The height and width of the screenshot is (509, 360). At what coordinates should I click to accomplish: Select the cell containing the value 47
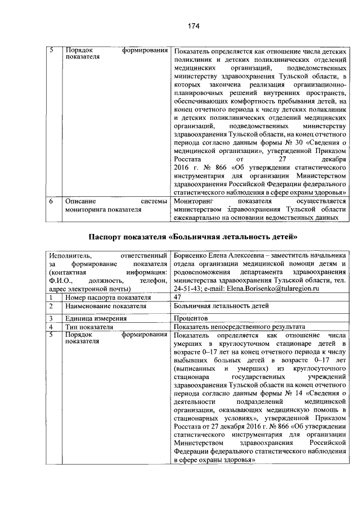pyautogui.click(x=178, y=296)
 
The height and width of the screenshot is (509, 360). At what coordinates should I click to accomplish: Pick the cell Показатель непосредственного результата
pyautogui.click(x=240, y=326)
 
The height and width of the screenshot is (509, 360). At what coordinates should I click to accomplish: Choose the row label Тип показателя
pyautogui.click(x=89, y=326)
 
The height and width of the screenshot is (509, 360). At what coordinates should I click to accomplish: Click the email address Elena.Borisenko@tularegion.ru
pyautogui.click(x=274, y=287)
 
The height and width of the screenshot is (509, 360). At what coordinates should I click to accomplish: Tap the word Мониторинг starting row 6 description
pyautogui.click(x=194, y=201)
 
